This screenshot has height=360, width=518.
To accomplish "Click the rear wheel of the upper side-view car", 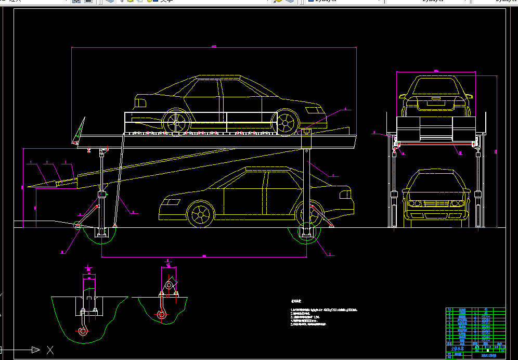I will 176,122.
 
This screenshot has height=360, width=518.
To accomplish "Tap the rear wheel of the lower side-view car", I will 307,213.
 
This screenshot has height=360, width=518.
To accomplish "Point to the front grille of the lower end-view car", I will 433,203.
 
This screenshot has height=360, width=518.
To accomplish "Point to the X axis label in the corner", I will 50,350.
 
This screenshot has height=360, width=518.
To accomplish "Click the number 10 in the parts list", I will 449,310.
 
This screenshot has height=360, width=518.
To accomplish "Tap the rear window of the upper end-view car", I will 434,85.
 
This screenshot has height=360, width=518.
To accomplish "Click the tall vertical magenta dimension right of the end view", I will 497,151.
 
